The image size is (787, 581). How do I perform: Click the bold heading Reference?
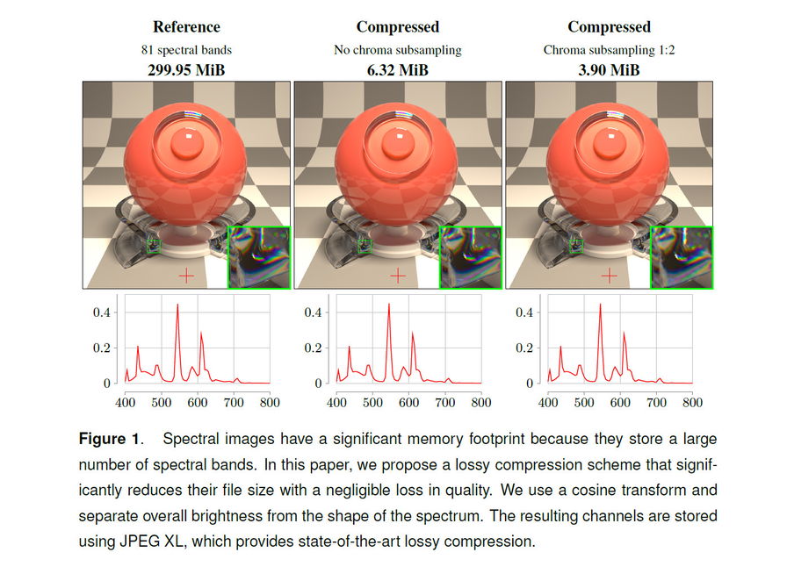click(x=186, y=27)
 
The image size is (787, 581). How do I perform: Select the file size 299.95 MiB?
click(x=186, y=68)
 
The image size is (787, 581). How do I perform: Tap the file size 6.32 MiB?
click(x=398, y=68)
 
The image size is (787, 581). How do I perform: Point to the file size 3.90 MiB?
click(x=609, y=68)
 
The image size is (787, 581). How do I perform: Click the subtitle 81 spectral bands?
click(x=186, y=49)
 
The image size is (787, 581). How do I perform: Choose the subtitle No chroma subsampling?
click(x=398, y=49)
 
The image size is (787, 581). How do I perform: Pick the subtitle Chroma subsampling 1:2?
click(x=609, y=49)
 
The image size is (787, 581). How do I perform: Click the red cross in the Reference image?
click(x=186, y=276)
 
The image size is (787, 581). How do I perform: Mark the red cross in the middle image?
click(x=398, y=276)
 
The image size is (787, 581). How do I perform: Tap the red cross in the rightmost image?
click(x=610, y=276)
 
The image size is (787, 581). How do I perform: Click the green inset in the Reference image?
click(x=259, y=257)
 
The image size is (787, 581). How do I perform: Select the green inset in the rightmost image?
click(x=682, y=257)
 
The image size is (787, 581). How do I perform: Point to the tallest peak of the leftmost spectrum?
click(x=177, y=305)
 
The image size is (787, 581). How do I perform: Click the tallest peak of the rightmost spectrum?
click(x=601, y=305)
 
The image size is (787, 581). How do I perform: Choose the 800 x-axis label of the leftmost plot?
click(x=270, y=403)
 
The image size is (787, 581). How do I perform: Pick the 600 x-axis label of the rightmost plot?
click(x=620, y=403)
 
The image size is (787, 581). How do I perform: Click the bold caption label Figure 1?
click(x=109, y=439)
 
